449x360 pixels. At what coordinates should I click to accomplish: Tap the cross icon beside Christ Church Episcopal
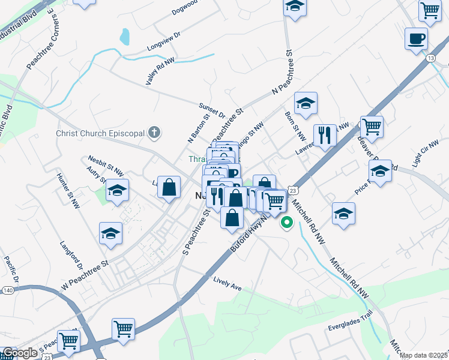point(155,133)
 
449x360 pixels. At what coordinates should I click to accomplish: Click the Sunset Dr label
point(212,110)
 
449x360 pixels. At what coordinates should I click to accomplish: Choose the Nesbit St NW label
point(106,164)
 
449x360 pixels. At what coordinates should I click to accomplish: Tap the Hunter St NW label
point(68,191)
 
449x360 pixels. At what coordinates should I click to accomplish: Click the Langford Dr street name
point(71,257)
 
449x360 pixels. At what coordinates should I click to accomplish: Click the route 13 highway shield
point(431,58)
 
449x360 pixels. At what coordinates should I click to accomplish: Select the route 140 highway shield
point(7,290)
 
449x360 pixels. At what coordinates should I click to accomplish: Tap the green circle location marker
point(287,223)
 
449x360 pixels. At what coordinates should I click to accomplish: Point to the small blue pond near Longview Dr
point(124,37)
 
